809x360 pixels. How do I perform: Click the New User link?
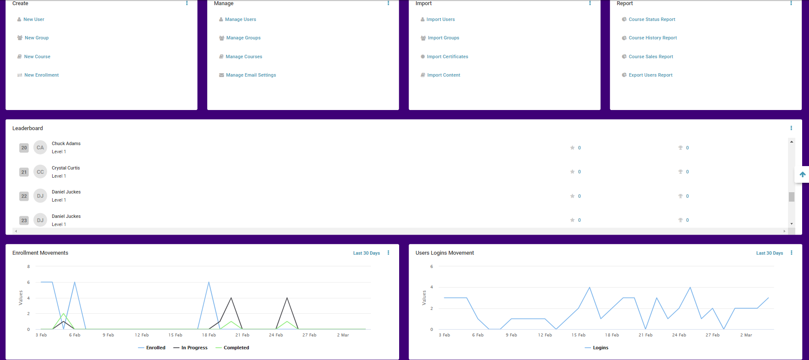(33, 19)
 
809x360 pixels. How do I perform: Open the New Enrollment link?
(41, 75)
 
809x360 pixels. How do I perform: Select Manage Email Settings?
(251, 75)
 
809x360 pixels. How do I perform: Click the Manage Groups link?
(243, 38)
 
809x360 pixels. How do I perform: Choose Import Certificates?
(447, 57)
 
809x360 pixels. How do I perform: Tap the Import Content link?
(443, 75)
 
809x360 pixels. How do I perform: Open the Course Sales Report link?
(651, 57)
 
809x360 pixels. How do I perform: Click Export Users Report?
(650, 75)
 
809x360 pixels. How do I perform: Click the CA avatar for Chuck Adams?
(40, 148)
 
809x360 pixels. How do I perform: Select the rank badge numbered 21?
(24, 172)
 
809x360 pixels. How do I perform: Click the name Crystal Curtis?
(66, 168)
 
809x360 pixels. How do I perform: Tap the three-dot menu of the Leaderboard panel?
(791, 128)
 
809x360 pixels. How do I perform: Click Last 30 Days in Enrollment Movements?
(366, 253)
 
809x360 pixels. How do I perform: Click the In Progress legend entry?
(194, 348)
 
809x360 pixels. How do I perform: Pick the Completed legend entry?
(236, 348)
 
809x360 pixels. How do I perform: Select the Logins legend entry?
(600, 348)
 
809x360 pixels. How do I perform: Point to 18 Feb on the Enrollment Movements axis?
(209, 335)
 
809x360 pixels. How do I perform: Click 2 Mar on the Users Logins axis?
(746, 335)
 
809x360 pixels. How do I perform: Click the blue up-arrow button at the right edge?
(802, 174)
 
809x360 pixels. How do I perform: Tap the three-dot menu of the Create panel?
(187, 3)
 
